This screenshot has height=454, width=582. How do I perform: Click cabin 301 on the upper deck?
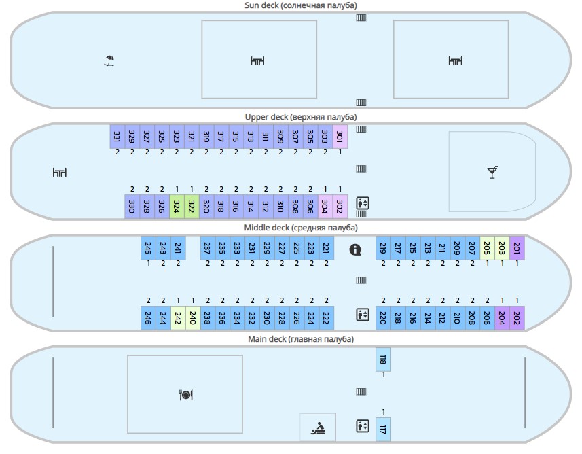pyautogui.click(x=340, y=137)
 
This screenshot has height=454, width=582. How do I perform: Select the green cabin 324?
pyautogui.click(x=177, y=206)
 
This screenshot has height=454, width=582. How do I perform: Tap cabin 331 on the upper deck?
pyautogui.click(x=117, y=137)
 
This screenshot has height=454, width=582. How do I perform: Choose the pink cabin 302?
pyautogui.click(x=340, y=206)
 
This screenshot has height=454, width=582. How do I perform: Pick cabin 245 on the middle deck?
pyautogui.click(x=148, y=249)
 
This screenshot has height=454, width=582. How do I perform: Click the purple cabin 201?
pyautogui.click(x=517, y=249)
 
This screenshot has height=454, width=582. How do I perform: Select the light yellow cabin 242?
pyautogui.click(x=178, y=317)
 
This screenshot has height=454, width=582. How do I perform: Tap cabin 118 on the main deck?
pyautogui.click(x=383, y=360)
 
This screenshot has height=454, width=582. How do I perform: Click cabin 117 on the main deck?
pyautogui.click(x=383, y=429)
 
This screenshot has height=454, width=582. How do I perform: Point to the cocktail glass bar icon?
pyautogui.click(x=492, y=173)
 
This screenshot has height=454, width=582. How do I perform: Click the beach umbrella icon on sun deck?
pyautogui.click(x=109, y=61)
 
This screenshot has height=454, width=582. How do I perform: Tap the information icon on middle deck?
pyautogui.click(x=355, y=249)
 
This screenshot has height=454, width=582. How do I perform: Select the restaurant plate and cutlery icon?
pyautogui.click(x=185, y=395)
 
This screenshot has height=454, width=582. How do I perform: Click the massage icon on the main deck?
pyautogui.click(x=318, y=428)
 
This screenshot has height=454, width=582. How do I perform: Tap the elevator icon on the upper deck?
pyautogui.click(x=362, y=203)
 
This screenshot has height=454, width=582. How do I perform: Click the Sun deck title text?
pyautogui.click(x=300, y=5)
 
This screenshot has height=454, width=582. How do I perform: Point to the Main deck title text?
pyautogui.click(x=300, y=339)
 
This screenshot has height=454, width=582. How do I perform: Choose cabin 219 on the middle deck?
pyautogui.click(x=383, y=249)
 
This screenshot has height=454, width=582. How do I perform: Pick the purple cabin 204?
pyautogui.click(x=502, y=317)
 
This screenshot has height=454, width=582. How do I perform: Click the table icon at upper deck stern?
pyautogui.click(x=60, y=173)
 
